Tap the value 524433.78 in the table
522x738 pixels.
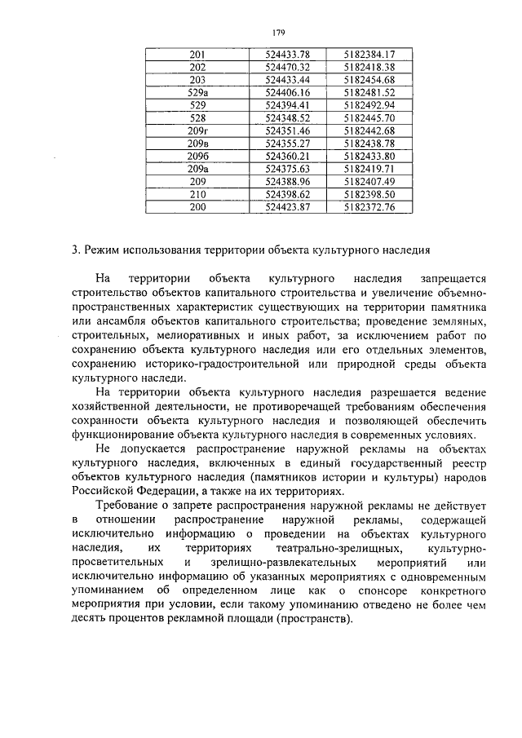click(x=287, y=54)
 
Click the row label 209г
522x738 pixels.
click(x=197, y=130)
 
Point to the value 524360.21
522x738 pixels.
click(x=287, y=156)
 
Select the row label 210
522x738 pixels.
click(x=197, y=194)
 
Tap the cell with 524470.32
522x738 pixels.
click(x=287, y=67)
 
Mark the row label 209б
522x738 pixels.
click(x=197, y=156)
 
